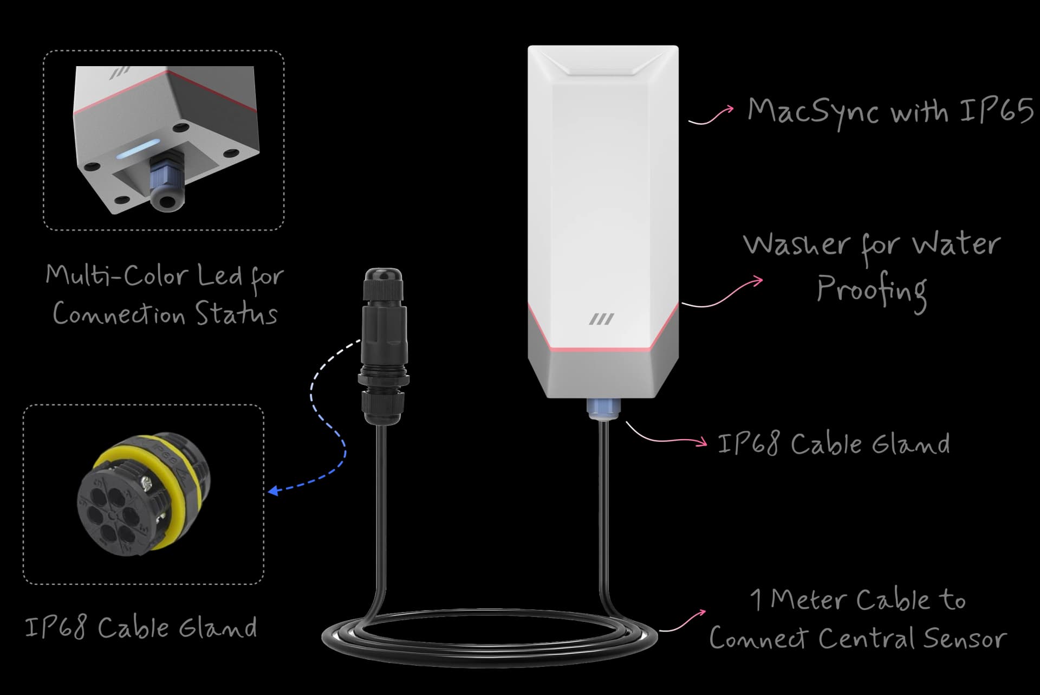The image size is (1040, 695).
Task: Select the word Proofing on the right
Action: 871,289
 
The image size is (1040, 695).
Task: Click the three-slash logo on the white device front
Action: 601,319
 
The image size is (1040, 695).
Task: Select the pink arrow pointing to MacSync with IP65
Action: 711,115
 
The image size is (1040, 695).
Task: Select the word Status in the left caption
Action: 236,314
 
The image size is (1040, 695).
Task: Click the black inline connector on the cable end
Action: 382,347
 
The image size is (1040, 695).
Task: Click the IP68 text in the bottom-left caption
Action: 56,628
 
